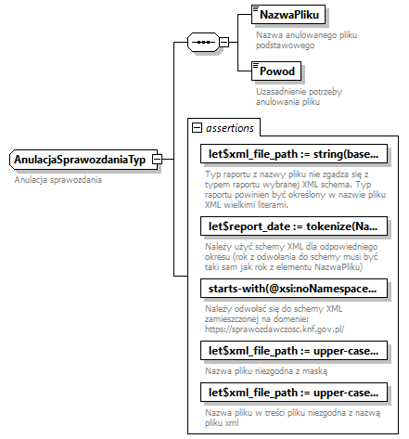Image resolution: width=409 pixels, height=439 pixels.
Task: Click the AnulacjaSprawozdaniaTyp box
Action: (79, 161)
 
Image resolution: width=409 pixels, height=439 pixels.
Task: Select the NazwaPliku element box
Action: (285, 16)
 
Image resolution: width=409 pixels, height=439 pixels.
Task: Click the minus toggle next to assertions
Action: (197, 127)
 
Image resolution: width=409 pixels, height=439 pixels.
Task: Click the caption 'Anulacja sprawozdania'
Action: (58, 179)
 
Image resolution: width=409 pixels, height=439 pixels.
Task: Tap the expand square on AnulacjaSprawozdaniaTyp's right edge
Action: (158, 161)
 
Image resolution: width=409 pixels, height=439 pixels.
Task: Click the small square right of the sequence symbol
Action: (224, 42)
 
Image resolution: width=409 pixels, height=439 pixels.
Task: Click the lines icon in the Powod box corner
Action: (256, 66)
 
